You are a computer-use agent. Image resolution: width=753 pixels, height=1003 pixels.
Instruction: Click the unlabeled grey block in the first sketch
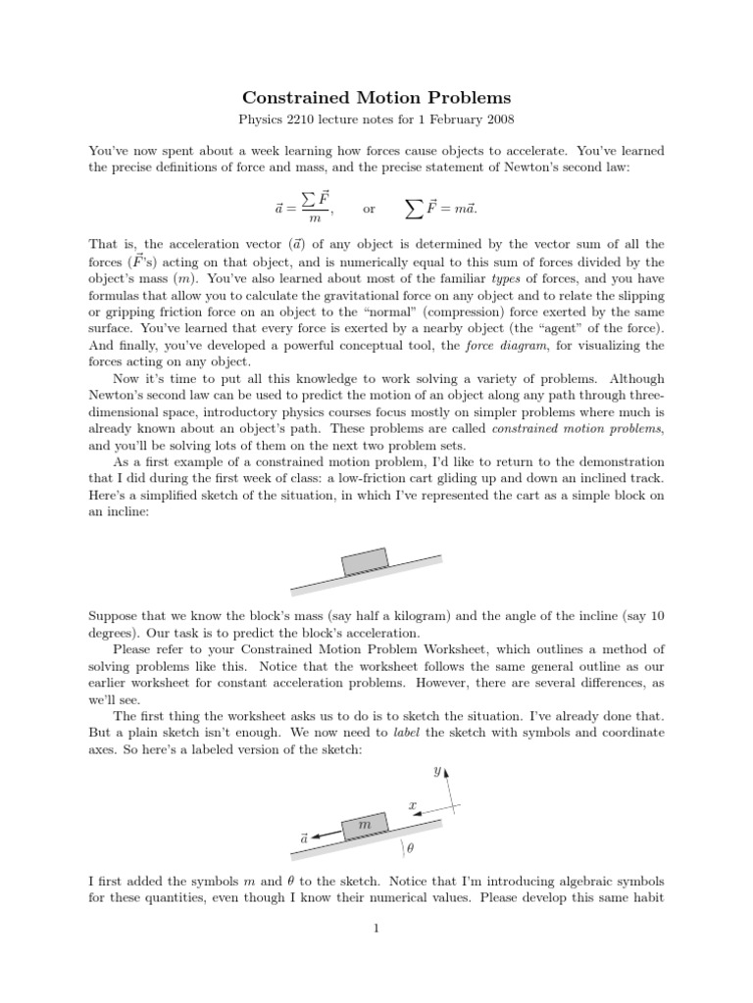[x=366, y=563]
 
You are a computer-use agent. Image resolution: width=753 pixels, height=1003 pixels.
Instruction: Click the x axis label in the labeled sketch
[x=413, y=804]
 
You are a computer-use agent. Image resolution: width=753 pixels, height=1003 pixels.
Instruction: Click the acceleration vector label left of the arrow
[x=304, y=838]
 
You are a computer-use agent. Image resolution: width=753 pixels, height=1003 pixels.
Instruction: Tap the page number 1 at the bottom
[x=376, y=931]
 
